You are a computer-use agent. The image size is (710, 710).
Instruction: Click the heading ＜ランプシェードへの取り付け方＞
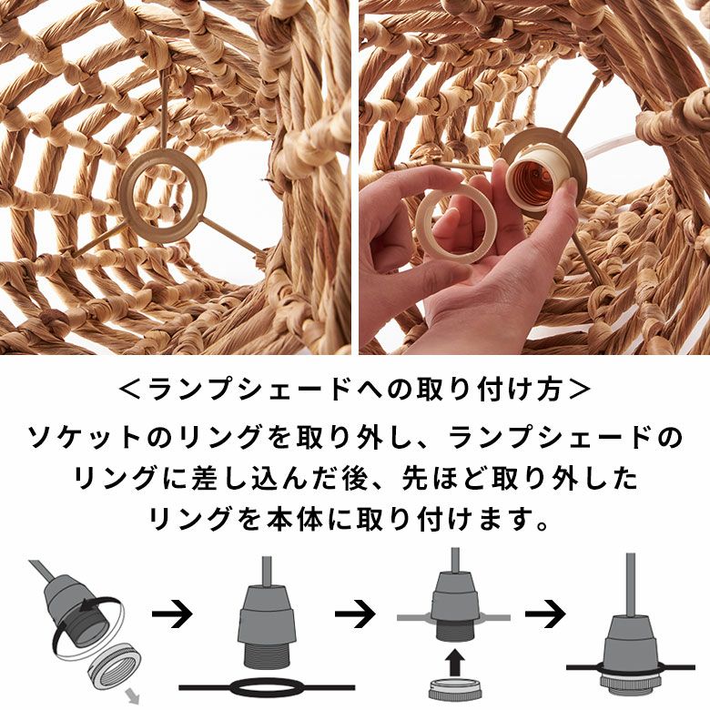tap(355, 390)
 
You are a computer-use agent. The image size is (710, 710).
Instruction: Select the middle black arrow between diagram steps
tap(355, 614)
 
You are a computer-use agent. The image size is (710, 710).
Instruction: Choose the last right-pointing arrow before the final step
tap(541, 614)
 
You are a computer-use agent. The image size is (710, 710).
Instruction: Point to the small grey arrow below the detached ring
tap(136, 697)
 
